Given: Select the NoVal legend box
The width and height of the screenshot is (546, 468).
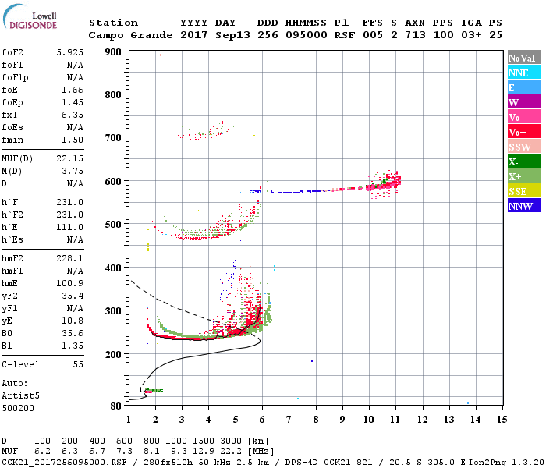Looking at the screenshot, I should click(524, 58).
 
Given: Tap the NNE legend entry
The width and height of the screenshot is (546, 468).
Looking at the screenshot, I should click(524, 73).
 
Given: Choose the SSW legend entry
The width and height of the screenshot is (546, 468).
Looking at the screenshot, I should click(524, 147).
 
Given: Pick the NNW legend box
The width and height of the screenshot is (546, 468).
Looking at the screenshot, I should click(524, 206).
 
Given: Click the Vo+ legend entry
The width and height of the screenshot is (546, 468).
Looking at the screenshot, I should click(524, 132).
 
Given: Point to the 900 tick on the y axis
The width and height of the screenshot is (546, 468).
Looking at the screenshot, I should click(115, 51).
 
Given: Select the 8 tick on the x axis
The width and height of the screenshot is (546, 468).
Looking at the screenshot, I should click(315, 419).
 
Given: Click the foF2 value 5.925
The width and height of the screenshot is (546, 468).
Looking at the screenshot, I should click(69, 52).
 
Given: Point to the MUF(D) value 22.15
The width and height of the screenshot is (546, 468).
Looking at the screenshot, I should click(69, 158).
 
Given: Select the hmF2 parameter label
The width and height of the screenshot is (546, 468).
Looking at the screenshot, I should click(13, 258).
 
